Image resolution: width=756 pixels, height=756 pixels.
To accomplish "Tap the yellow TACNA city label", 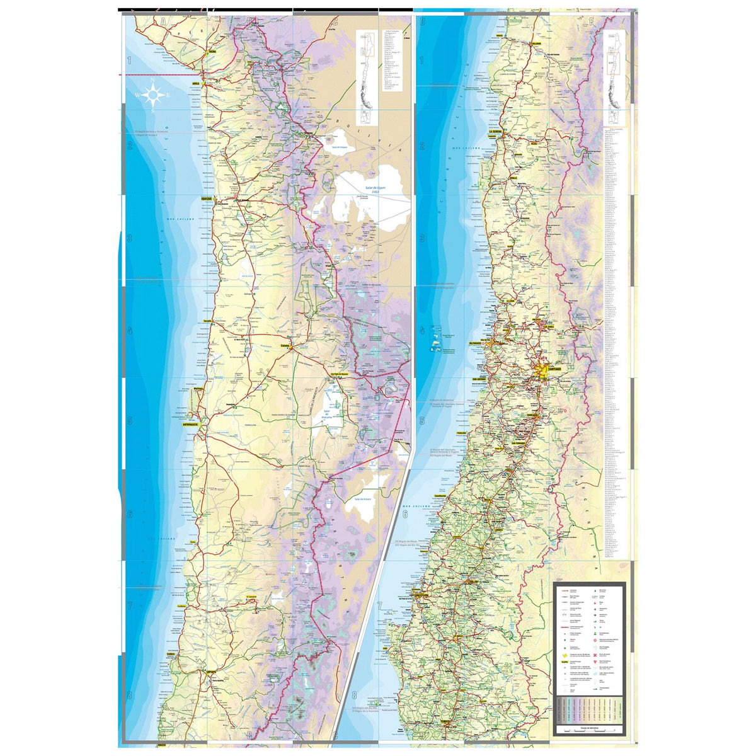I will [x=212, y=52].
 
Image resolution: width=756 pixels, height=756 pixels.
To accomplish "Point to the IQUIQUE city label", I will [x=205, y=198].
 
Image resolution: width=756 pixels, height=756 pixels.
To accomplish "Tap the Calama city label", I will [x=284, y=345].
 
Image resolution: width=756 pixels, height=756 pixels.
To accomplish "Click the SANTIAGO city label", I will [x=554, y=368].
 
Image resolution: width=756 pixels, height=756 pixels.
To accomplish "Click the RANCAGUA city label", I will [x=534, y=415].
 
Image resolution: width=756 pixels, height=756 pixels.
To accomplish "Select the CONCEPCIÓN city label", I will [x=421, y=593].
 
